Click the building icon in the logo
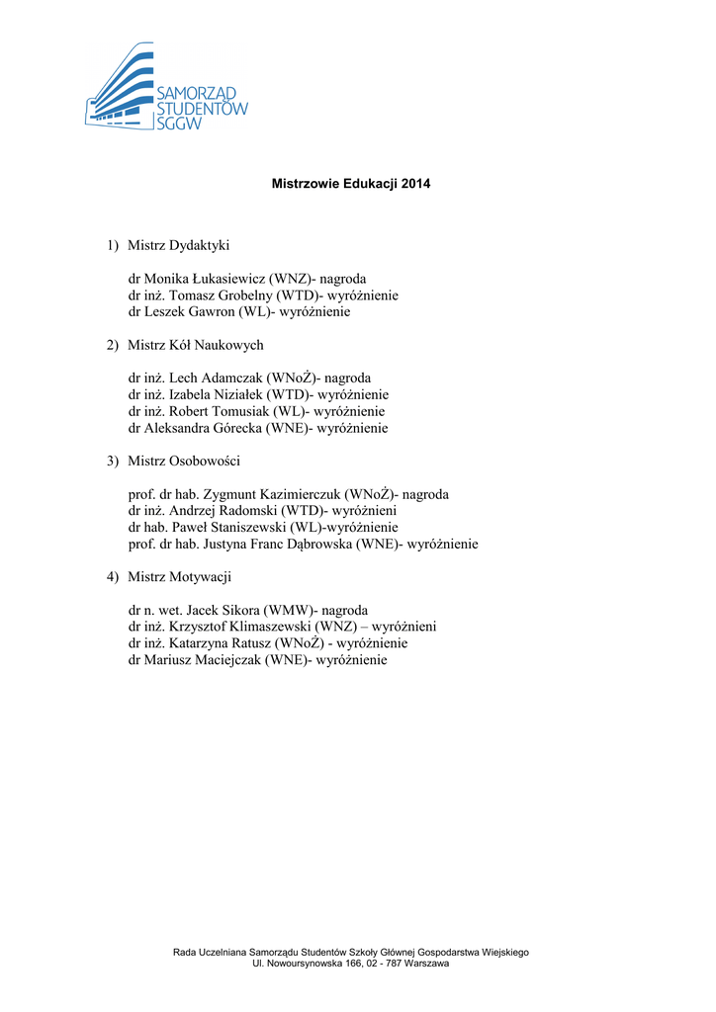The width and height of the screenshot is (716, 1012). (x=119, y=89)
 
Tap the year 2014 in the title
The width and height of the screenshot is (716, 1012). (x=415, y=184)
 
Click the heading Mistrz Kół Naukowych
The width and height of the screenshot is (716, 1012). (x=195, y=345)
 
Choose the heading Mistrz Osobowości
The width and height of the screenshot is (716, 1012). (x=184, y=461)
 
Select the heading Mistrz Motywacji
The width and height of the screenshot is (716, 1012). (x=179, y=576)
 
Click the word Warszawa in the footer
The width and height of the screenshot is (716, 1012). (x=423, y=964)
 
